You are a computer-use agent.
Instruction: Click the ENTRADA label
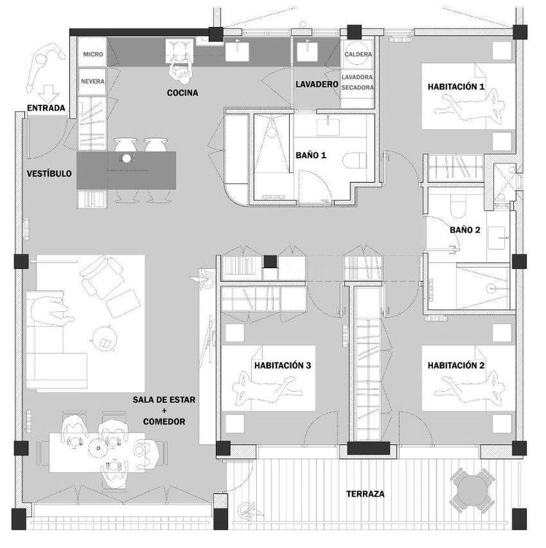pos(46,108)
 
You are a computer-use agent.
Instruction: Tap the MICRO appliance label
pos(93,54)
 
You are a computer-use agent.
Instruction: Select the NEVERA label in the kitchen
pos(93,81)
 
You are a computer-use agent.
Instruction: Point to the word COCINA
pos(182,93)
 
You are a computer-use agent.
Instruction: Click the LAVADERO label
pos(317,84)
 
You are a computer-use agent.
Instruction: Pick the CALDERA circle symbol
pos(358,53)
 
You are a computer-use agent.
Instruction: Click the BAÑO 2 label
pos(465,230)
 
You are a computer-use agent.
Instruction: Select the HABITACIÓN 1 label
pos(456,87)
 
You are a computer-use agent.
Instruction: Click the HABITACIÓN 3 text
pos(282,365)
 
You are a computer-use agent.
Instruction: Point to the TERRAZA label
pos(365,494)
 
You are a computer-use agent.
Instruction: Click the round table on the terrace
pos(472,490)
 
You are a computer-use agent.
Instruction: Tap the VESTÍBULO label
pos(49,173)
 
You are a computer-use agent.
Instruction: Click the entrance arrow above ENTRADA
pos(48,94)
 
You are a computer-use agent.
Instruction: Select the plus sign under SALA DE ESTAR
pos(164,411)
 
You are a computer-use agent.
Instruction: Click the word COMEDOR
pos(164,422)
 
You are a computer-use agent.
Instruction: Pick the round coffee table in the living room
pos(104,338)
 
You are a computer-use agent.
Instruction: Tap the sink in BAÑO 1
pos(328,127)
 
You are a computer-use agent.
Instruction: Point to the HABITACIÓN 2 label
pos(456,365)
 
